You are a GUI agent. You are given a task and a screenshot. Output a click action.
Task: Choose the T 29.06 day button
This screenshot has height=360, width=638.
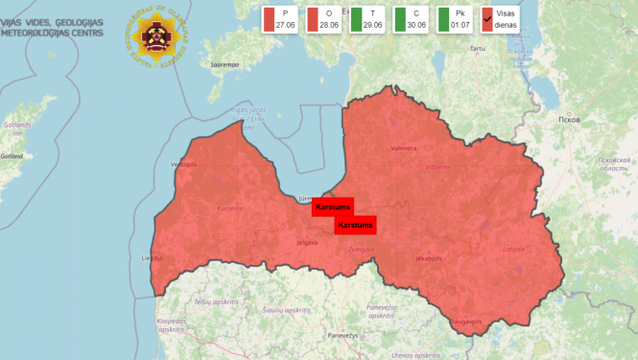tap(368, 19)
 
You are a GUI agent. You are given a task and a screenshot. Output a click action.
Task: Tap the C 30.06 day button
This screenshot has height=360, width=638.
tap(412, 19)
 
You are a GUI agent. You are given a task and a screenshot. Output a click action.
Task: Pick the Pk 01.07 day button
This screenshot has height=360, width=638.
tap(456, 19)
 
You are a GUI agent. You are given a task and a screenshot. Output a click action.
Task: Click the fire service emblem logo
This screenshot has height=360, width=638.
tap(156, 37)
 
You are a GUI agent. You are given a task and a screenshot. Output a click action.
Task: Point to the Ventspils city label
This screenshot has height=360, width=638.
tap(182, 164)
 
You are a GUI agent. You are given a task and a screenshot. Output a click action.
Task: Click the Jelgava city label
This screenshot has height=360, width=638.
tap(307, 242)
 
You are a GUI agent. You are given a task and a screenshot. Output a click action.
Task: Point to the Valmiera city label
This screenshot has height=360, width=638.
tap(404, 149)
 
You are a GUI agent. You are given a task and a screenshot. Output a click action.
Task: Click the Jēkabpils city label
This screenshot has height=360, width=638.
tap(428, 258)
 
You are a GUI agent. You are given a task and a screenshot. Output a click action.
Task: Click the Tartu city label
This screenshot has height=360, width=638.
tap(478, 47)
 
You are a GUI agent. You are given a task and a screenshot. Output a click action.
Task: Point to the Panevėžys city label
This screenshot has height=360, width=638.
tap(342, 335)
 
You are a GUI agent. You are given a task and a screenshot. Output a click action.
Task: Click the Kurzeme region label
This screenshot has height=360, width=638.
tap(229, 207)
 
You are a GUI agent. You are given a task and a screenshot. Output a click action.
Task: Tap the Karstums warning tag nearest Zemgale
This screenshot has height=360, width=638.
tap(355, 225)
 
